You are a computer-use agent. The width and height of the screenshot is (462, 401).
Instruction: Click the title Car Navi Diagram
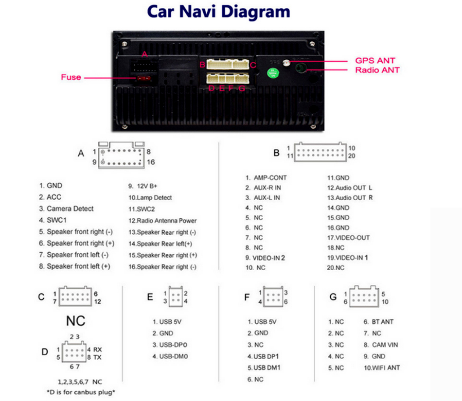[x=218, y=11]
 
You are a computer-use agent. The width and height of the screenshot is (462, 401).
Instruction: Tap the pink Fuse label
[x=71, y=77]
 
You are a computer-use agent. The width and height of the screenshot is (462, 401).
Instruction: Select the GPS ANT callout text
[x=375, y=61]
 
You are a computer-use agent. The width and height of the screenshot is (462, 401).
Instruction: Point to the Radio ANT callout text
[x=377, y=70]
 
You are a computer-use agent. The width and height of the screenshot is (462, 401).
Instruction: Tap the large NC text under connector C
[x=75, y=321]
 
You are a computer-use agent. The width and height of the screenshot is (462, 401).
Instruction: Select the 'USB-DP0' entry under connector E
[x=170, y=345]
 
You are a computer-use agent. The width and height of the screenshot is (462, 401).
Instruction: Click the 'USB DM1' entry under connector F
[x=264, y=367]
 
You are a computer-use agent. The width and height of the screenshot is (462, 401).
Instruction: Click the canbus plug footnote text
[x=80, y=392]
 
